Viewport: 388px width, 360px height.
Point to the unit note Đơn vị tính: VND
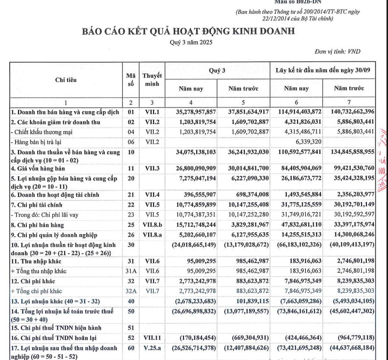[344, 51]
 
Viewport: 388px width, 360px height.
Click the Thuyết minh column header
[152, 80]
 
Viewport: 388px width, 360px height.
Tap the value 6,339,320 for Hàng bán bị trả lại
[307, 142]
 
